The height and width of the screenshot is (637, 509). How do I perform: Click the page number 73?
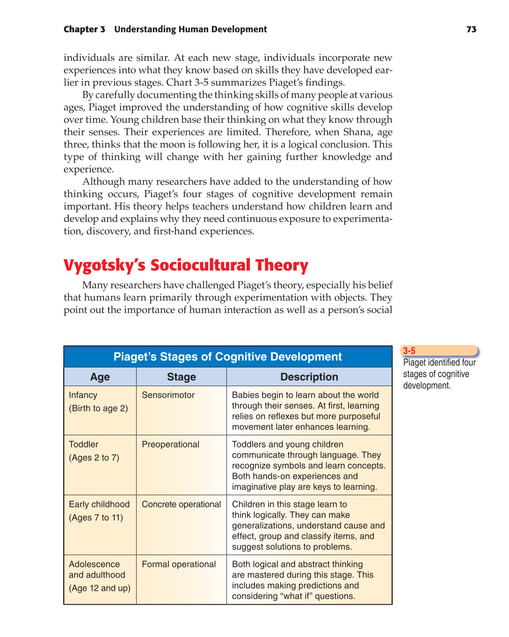(471, 29)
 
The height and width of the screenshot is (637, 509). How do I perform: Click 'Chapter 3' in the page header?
(84, 29)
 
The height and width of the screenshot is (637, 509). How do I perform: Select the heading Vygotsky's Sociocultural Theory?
(186, 265)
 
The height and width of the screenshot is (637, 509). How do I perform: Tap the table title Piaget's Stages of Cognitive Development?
(227, 357)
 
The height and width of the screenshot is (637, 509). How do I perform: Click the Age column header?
(100, 377)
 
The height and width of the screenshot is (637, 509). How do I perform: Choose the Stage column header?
(181, 377)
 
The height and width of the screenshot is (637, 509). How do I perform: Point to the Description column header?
(309, 377)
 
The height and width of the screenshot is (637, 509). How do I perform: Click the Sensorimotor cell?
(168, 395)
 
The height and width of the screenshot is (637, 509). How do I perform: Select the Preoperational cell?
(170, 444)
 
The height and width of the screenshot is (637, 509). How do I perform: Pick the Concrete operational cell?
(181, 504)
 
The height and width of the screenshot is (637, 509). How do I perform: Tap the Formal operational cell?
(179, 564)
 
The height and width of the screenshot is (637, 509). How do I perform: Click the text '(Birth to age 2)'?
(98, 408)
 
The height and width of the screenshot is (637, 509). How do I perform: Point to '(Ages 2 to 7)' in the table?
(94, 458)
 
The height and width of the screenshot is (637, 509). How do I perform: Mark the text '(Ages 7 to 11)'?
(96, 518)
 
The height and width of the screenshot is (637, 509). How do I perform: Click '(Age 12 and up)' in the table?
(100, 588)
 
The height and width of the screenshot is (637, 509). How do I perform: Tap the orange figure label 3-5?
(409, 351)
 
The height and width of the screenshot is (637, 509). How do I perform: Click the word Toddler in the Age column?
(83, 444)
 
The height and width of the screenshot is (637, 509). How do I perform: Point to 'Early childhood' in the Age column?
(99, 504)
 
